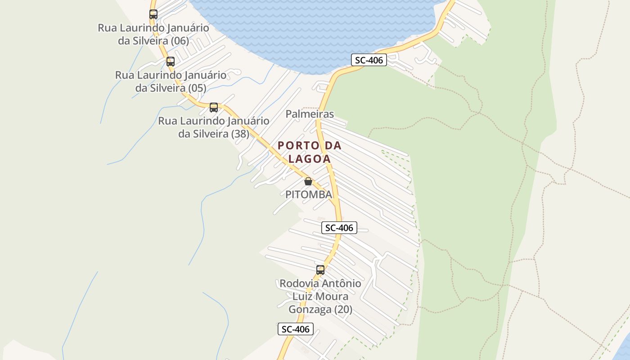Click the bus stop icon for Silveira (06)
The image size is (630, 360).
[x=153, y=14]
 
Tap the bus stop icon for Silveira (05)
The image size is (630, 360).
[x=171, y=62]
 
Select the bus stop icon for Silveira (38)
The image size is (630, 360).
[x=214, y=108]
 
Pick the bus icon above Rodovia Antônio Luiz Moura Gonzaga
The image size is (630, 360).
[x=320, y=270]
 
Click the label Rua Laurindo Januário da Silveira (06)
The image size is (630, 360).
[x=153, y=34]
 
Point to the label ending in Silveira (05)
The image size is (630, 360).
[x=171, y=81]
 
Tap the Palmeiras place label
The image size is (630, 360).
[x=310, y=114]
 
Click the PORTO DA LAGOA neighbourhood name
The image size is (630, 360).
[x=310, y=152]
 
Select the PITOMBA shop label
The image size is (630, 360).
[x=309, y=194]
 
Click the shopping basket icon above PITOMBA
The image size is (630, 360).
[x=308, y=181]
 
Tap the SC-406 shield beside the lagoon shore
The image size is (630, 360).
[x=369, y=60]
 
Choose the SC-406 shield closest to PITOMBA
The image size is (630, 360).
[x=339, y=228]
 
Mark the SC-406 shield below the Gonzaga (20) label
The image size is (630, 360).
[x=295, y=329]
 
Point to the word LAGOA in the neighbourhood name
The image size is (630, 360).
[x=310, y=159]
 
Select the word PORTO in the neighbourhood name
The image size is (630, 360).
[x=295, y=146]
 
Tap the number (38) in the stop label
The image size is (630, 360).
[x=240, y=134]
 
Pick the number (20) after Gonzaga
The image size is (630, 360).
[x=343, y=310]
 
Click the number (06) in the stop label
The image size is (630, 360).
[x=180, y=40]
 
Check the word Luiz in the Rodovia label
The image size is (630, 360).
[x=304, y=297]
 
